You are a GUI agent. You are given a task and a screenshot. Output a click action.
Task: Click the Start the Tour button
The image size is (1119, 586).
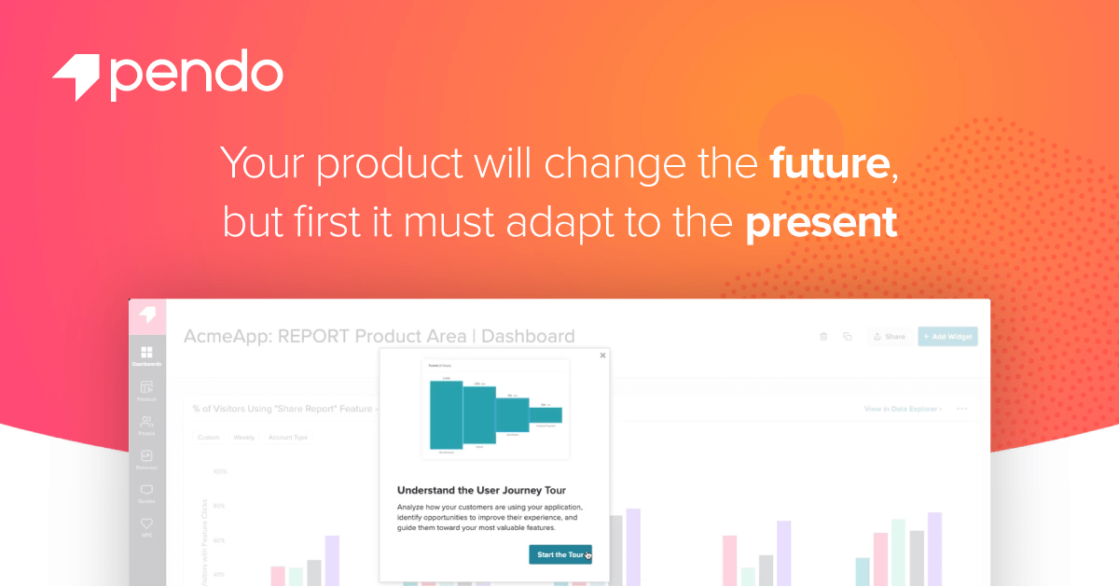click(559, 554)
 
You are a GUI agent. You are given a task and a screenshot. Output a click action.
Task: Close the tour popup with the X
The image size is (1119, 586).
click(602, 356)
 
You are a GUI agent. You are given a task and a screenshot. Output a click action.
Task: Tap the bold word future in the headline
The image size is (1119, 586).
click(828, 163)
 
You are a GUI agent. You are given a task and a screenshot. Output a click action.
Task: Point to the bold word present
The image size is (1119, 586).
click(821, 223)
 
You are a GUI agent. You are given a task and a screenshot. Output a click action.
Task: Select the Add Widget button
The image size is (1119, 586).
click(947, 337)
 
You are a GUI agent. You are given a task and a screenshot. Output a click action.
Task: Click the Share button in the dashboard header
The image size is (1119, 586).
click(889, 337)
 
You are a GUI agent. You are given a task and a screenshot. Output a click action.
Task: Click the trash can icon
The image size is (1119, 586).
click(823, 337)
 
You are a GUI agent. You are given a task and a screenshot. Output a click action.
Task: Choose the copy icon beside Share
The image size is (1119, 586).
click(848, 337)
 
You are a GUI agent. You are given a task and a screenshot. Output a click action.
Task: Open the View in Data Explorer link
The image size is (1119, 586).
click(902, 409)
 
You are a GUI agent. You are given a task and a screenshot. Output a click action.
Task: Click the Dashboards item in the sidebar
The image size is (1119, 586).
click(146, 356)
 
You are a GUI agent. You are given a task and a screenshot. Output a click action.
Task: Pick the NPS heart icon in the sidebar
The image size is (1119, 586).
click(146, 527)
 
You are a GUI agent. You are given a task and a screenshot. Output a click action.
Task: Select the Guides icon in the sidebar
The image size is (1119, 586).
click(146, 492)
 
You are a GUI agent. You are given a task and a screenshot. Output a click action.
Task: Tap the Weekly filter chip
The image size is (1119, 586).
click(243, 437)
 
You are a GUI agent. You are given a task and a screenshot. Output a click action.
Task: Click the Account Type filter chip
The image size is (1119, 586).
click(287, 437)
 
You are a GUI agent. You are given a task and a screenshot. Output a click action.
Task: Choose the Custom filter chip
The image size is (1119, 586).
click(208, 437)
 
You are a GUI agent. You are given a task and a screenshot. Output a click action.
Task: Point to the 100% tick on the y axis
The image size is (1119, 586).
click(220, 472)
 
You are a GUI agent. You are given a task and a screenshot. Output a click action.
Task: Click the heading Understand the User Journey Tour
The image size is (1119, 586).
click(481, 490)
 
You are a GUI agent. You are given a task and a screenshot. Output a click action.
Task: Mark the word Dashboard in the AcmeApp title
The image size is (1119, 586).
click(528, 337)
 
